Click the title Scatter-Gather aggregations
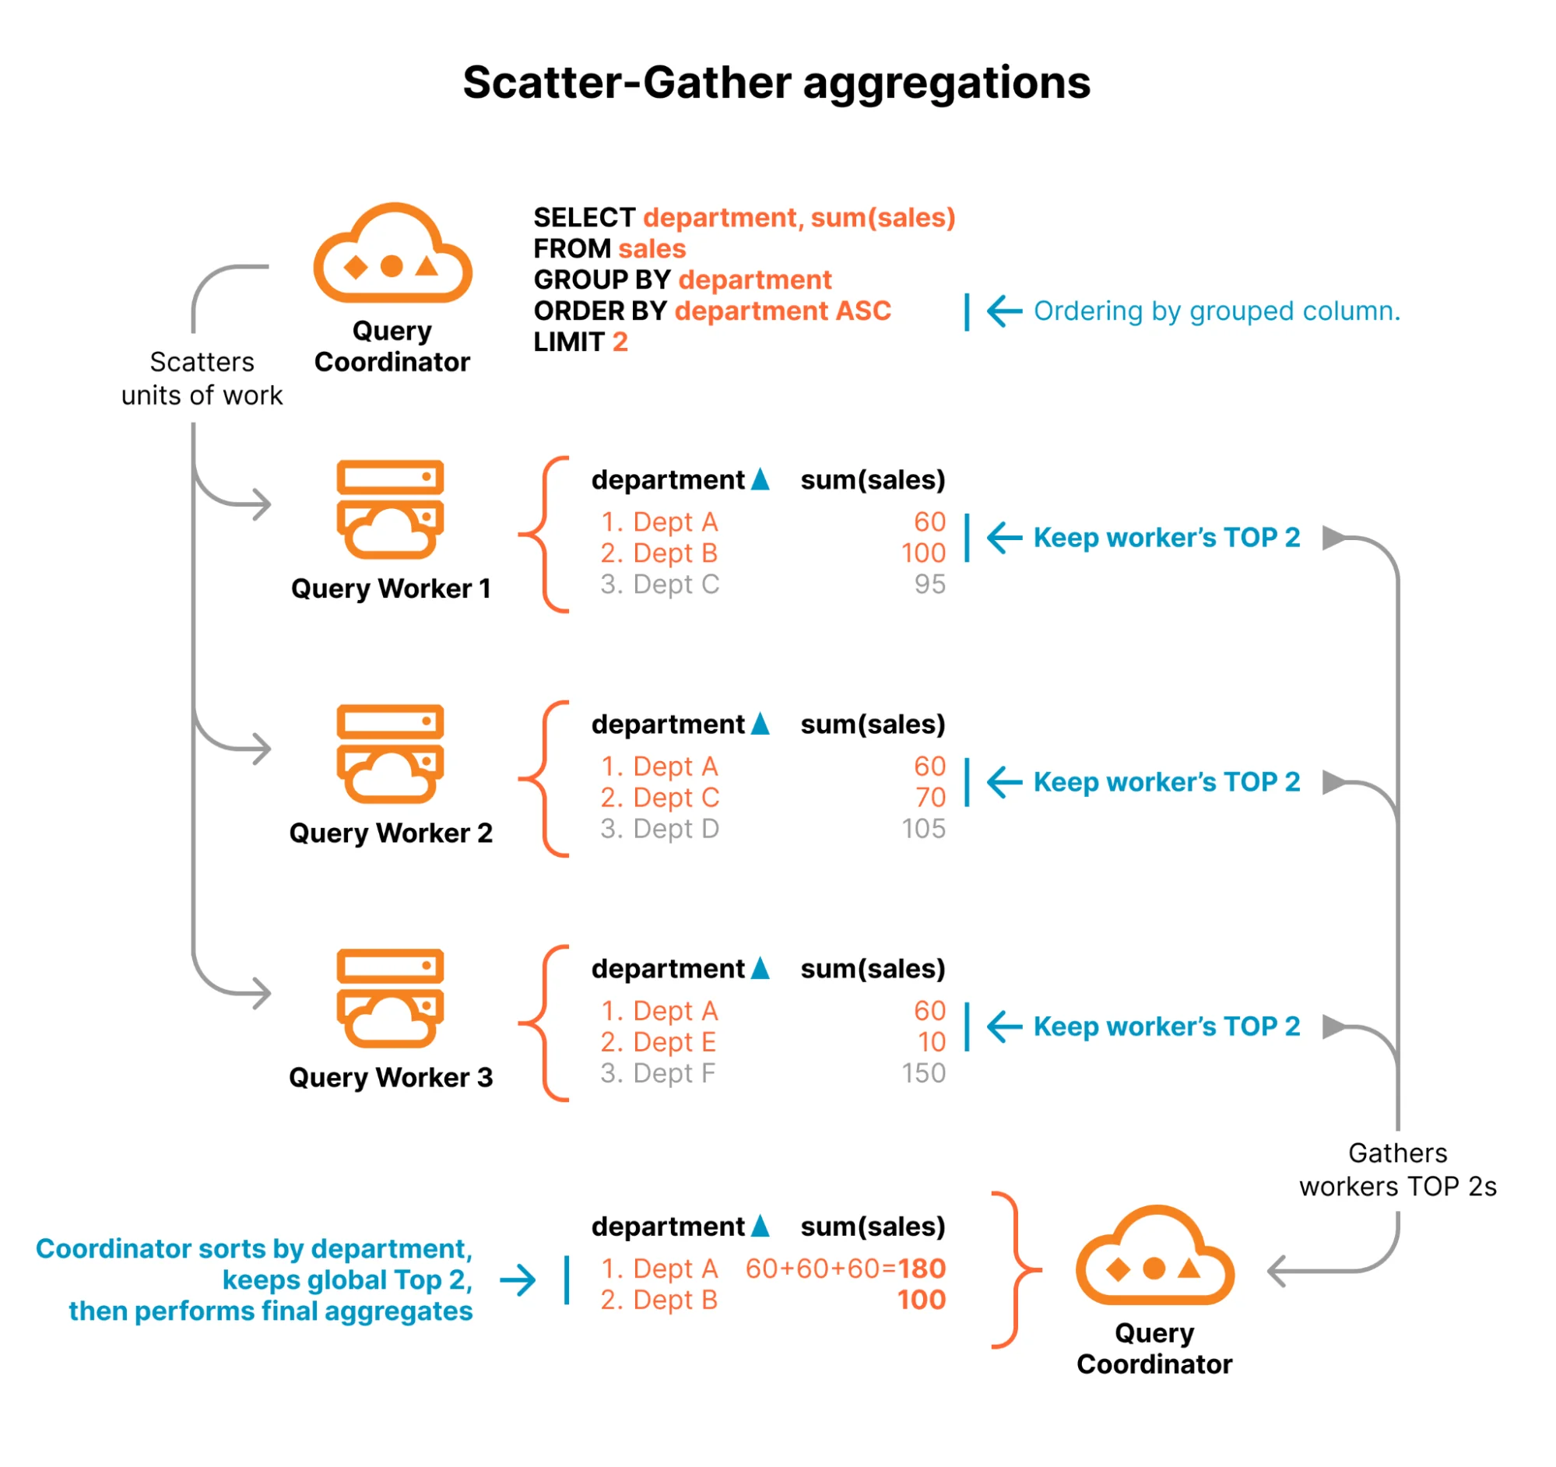[x=775, y=83]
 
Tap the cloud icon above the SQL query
[x=392, y=254]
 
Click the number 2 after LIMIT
[x=620, y=342]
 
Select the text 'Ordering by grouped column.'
[x=1217, y=311]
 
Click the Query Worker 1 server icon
[x=390, y=509]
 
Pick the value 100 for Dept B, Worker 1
[x=923, y=553]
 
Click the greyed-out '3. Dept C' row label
[x=659, y=584]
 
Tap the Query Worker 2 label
[x=391, y=833]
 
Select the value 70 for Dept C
[x=930, y=797]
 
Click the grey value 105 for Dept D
[x=923, y=829]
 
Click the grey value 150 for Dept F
[x=923, y=1072]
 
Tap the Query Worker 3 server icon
[x=390, y=998]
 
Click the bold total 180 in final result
[x=922, y=1269]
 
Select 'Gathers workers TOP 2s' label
[x=1397, y=1170]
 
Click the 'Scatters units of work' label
[x=202, y=379]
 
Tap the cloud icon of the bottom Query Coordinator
[x=1154, y=1256]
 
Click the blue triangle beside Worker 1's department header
[x=760, y=479]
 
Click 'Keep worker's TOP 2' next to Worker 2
[x=1166, y=781]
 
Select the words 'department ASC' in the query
[x=782, y=311]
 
